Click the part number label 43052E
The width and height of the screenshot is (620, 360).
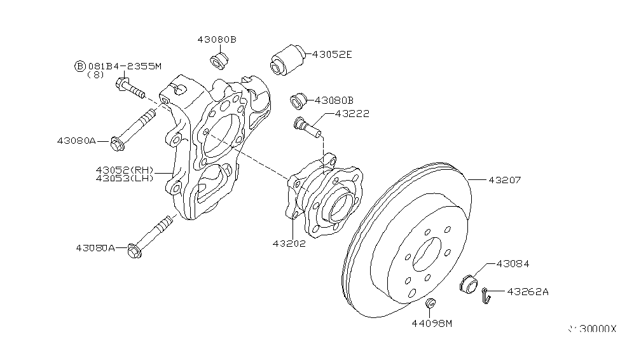click(332, 55)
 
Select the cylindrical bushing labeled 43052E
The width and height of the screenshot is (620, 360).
click(286, 59)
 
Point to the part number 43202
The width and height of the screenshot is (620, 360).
click(289, 243)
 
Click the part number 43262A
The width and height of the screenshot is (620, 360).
click(527, 292)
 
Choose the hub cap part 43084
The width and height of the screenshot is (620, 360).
click(467, 282)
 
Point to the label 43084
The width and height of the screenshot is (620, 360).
click(513, 263)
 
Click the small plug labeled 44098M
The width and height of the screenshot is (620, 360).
click(431, 303)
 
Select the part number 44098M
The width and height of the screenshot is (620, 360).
click(431, 324)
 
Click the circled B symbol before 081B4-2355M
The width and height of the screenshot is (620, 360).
click(80, 66)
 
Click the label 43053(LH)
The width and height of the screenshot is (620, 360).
click(125, 178)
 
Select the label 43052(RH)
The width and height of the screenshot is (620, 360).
click(125, 170)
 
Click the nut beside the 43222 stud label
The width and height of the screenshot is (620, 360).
click(299, 100)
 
